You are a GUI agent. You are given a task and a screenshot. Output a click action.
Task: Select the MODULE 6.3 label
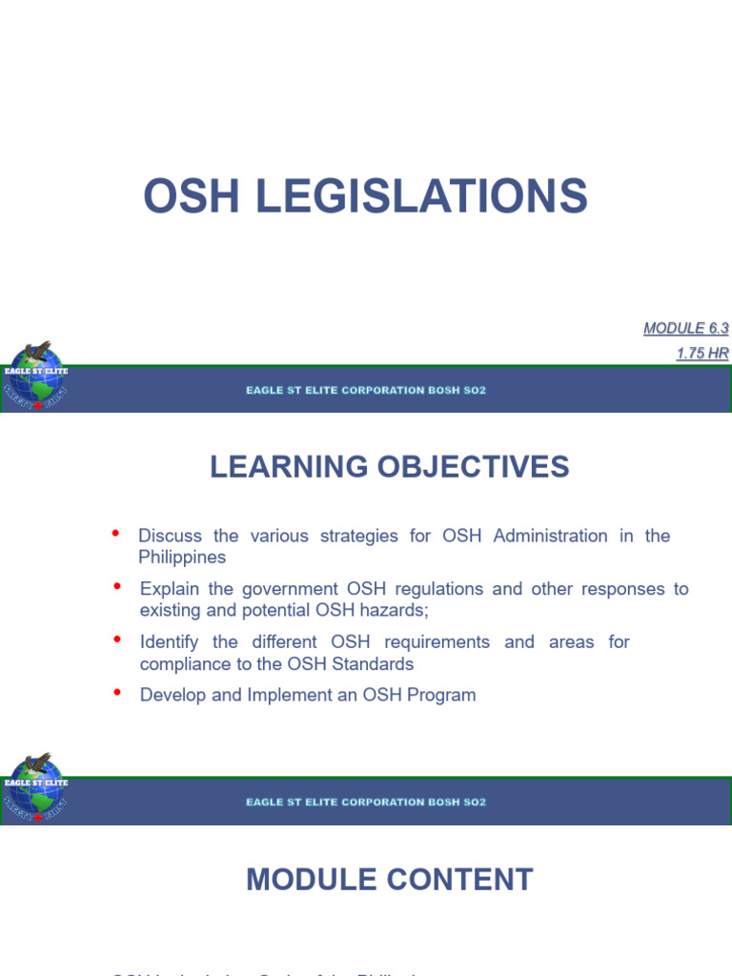pyautogui.click(x=685, y=329)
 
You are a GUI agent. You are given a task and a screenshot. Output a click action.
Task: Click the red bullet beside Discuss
pyautogui.click(x=116, y=533)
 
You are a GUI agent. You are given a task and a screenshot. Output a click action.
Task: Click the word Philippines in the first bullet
pyautogui.click(x=182, y=557)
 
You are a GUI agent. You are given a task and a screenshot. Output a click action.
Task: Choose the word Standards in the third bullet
pyautogui.click(x=374, y=663)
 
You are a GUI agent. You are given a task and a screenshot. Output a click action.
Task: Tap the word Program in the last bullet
pyautogui.click(x=441, y=695)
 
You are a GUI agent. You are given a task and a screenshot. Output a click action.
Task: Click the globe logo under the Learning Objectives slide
pyautogui.click(x=34, y=789)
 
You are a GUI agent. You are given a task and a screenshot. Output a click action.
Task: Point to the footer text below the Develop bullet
pyautogui.click(x=366, y=803)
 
